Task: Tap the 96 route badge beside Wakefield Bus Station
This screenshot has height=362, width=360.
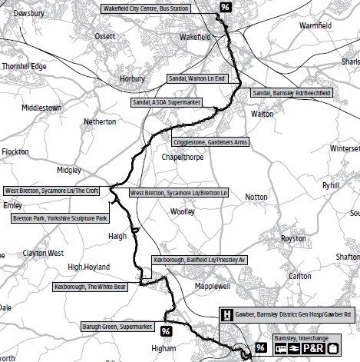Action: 224,7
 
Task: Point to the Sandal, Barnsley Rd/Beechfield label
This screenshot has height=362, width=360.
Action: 292,93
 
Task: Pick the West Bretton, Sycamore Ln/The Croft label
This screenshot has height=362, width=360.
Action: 51,191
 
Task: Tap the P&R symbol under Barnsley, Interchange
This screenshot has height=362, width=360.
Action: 311,348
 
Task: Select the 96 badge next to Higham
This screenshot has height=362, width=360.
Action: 166,332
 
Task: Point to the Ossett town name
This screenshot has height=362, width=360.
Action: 104,37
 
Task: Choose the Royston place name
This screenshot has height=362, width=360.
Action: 293,239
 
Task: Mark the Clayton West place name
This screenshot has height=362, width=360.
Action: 43,253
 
